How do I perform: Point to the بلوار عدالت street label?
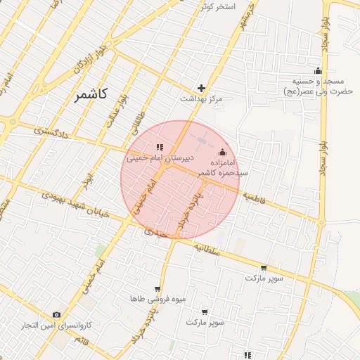(x=115, y=112)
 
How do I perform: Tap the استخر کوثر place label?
(x=216, y=6)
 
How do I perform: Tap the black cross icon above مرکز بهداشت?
(x=202, y=88)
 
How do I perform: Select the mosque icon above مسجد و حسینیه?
(x=318, y=70)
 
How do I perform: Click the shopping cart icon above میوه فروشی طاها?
(x=157, y=288)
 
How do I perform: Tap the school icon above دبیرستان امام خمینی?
(x=160, y=147)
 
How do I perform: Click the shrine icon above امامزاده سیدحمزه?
(x=223, y=152)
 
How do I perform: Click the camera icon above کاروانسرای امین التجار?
(x=56, y=315)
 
